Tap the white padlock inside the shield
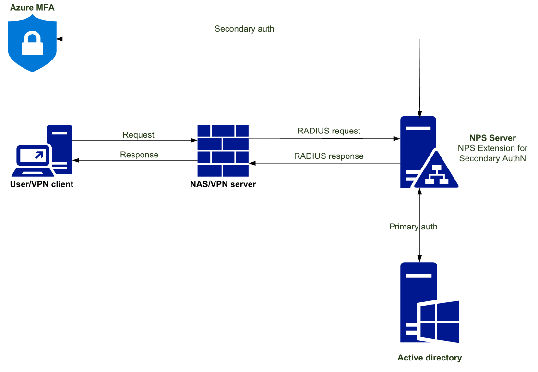point(32,45)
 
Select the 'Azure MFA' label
point(32,8)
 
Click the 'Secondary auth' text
point(244,29)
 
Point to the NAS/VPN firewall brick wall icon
point(223,151)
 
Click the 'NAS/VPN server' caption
point(222,184)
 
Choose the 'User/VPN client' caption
point(42,184)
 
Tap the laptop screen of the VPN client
point(34,155)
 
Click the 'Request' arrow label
point(138,135)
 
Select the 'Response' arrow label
point(139,155)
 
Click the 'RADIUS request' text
point(329,131)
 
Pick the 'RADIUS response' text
point(329,156)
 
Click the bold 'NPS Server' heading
point(492,138)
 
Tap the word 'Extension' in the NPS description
point(497,148)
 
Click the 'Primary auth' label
point(413,227)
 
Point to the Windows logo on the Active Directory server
point(439,322)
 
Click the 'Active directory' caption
point(430,358)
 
